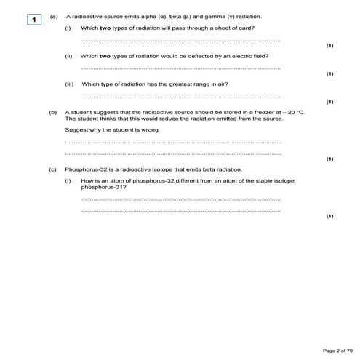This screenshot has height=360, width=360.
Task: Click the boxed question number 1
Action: [33, 19]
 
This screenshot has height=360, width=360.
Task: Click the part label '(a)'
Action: [53, 16]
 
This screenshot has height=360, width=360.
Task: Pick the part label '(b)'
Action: [53, 113]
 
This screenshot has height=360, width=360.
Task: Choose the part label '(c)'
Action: [53, 169]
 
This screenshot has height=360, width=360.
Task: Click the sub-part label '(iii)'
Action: [70, 84]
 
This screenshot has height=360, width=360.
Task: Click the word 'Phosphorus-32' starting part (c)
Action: [82, 169]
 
